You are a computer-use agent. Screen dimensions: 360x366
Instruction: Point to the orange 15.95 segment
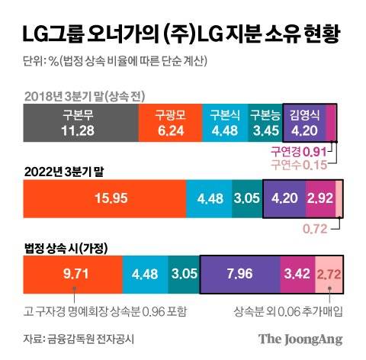pyautogui.click(x=105, y=198)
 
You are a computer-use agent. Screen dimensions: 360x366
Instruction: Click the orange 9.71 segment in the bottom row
pyautogui.click(x=72, y=273)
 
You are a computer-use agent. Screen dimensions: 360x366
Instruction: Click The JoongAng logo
pyautogui.click(x=299, y=338)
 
